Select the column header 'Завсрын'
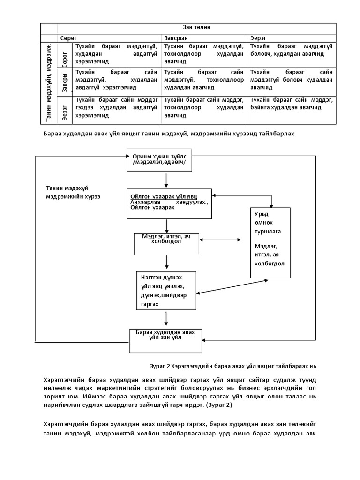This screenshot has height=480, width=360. coord(176,37)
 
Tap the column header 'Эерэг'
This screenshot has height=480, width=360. coord(258,37)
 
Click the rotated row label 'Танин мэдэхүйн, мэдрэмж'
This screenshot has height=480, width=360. coord(48,83)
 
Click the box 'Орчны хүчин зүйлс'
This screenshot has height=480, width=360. coord(165,160)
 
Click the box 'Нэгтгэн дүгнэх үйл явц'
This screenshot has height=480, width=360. coord(165,290)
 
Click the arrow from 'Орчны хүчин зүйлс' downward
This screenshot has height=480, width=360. coord(166,180)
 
